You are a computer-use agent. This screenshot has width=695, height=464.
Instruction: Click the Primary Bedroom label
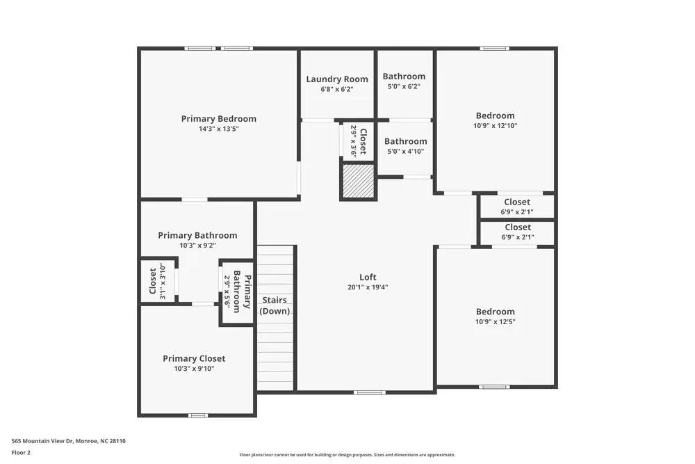pyautogui.click(x=218, y=119)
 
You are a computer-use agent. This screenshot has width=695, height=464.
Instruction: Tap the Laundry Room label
pyautogui.click(x=337, y=79)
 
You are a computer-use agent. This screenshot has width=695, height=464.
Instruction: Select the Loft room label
pyautogui.click(x=368, y=277)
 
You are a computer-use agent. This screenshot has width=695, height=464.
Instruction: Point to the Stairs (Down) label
pyautogui.click(x=275, y=305)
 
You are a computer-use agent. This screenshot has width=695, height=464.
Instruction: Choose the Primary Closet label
pyautogui.click(x=194, y=358)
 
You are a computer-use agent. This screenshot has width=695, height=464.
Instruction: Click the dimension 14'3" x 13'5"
pyautogui.click(x=218, y=129)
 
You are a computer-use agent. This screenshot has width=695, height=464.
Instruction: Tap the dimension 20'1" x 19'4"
pyautogui.click(x=368, y=287)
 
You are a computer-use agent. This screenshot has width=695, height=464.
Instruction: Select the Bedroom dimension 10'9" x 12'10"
pyautogui.click(x=495, y=126)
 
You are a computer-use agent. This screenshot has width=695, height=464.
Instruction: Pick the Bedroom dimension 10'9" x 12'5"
pyautogui.click(x=495, y=321)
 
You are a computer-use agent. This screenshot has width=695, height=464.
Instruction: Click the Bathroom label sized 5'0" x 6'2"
pyautogui.click(x=404, y=77)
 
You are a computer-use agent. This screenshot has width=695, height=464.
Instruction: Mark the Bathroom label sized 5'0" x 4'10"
pyautogui.click(x=405, y=141)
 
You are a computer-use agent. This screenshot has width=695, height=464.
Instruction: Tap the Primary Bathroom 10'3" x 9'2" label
pyautogui.click(x=197, y=235)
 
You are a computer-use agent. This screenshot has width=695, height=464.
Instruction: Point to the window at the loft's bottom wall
pyautogui.click(x=369, y=392)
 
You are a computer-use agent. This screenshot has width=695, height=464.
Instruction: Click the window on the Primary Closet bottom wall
pyautogui.click(x=197, y=415)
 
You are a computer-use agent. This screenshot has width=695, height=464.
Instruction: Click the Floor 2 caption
pyautogui.click(x=21, y=452)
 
